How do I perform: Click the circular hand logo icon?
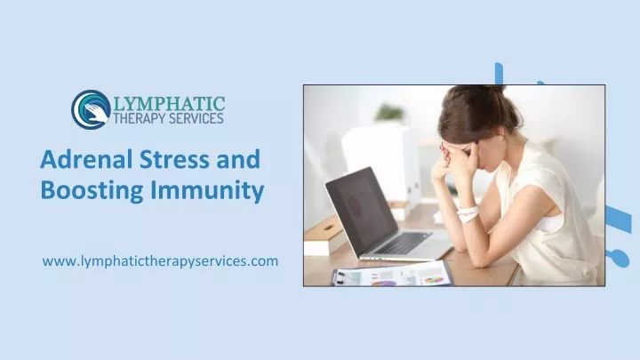[x=91, y=109]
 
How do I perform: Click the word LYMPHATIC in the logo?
[x=169, y=104]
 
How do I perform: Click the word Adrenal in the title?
[x=86, y=159]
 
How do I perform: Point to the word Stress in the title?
[x=174, y=159]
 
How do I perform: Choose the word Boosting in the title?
[x=92, y=190]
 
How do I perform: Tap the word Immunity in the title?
[x=207, y=191]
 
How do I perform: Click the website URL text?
[x=160, y=260]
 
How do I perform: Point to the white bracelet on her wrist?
[x=468, y=214]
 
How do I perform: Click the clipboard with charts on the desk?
[x=393, y=275]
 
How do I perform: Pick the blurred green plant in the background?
[x=389, y=112]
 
